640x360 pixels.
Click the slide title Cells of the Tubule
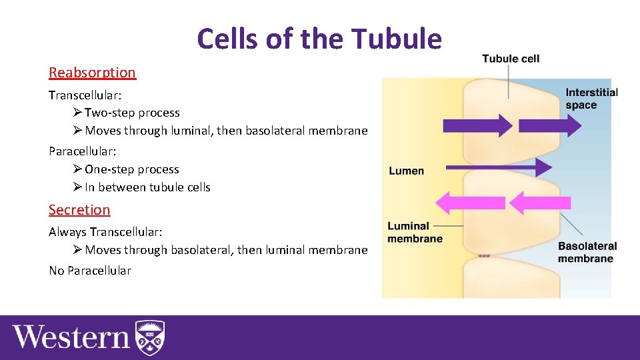point(319,39)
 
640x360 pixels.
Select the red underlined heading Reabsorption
point(92,73)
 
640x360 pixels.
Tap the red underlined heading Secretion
point(79,210)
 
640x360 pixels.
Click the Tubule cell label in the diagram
point(511,59)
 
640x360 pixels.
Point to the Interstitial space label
point(591,99)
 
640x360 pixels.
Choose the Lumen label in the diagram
point(406,171)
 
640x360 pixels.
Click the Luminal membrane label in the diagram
point(415,233)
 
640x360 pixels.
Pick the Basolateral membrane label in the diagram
point(587,252)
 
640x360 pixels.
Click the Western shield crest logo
point(149,337)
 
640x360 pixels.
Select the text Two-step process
point(132,113)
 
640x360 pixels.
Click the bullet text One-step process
point(132,170)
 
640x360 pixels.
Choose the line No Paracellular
point(90,271)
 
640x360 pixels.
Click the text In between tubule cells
point(147,187)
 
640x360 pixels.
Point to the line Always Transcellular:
point(105,232)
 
